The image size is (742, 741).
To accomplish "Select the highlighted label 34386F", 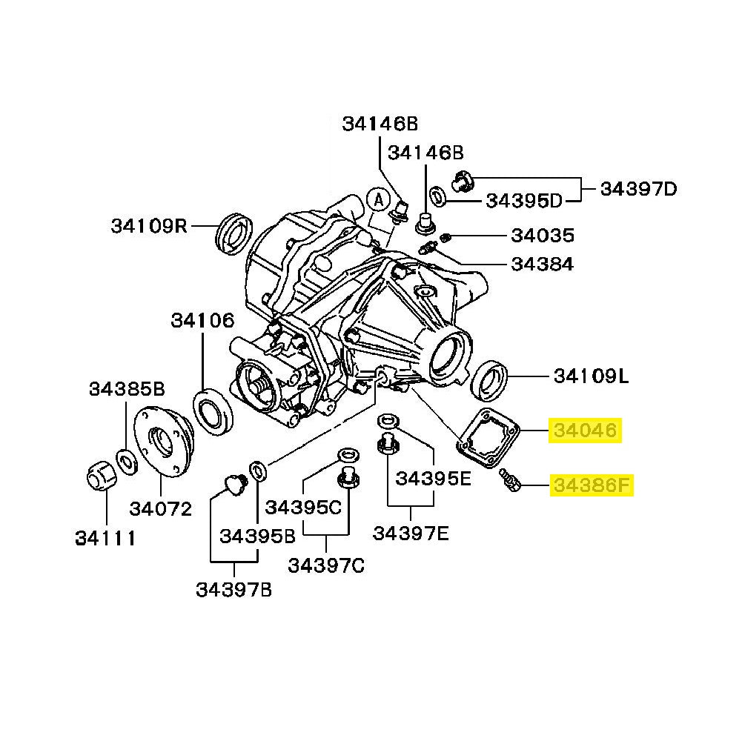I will click(590, 487).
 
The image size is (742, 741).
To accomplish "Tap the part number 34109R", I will click(150, 225).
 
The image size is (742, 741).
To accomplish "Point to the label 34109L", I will click(591, 376).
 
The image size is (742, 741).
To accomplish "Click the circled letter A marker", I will click(378, 199).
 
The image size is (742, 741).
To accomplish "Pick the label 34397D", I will click(638, 189).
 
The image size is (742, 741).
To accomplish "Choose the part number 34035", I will click(543, 236).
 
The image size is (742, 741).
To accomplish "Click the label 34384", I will click(543, 265).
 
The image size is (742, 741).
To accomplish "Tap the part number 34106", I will click(202, 321).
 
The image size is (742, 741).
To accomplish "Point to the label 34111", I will click(105, 539).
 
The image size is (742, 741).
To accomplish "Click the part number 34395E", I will click(433, 479).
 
